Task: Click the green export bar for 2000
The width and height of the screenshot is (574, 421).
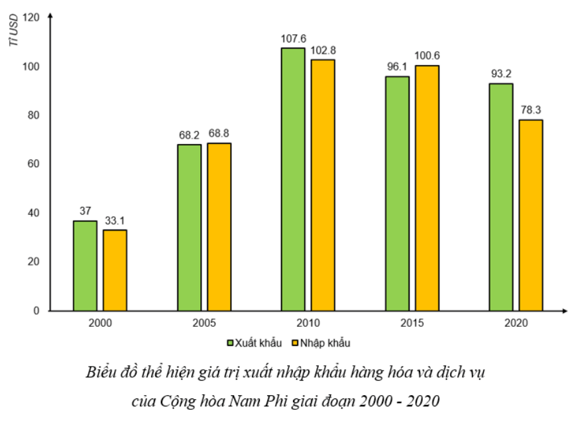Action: pyautogui.click(x=86, y=265)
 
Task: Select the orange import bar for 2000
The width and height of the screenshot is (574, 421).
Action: pyautogui.click(x=115, y=270)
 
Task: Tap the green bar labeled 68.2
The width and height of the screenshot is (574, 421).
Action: pyautogui.click(x=190, y=227)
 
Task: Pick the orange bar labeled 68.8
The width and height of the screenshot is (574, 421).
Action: pyautogui.click(x=219, y=227)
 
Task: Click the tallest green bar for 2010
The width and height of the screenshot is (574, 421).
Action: pyautogui.click(x=293, y=179)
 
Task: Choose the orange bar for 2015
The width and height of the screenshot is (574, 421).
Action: pyautogui.click(x=427, y=188)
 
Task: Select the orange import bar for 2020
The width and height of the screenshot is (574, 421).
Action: pyautogui.click(x=530, y=215)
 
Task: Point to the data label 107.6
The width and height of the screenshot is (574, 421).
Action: pyautogui.click(x=293, y=39)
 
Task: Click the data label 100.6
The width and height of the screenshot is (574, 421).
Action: pyautogui.click(x=427, y=56)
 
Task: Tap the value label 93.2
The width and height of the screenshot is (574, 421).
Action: pyautogui.click(x=501, y=74)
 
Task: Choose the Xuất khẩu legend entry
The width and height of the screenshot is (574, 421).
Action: pyautogui.click(x=255, y=343)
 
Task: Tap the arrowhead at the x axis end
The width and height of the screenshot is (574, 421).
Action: pyautogui.click(x=563, y=310)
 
